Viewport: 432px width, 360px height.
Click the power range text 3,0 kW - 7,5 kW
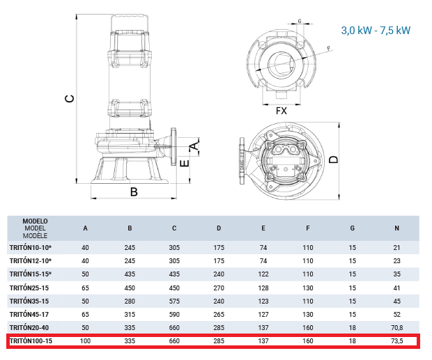point(376,30)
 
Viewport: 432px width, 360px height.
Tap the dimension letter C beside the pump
point(70,99)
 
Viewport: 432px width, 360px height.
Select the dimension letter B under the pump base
point(134,191)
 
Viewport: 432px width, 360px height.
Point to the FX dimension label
point(281,111)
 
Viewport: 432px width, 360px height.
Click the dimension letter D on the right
point(334,159)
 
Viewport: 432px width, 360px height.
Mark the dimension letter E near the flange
point(185,163)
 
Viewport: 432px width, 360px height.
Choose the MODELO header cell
point(35,221)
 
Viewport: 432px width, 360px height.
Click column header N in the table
point(396,228)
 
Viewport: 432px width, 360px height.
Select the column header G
point(352,228)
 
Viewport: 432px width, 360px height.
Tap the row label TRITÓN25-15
point(29,288)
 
